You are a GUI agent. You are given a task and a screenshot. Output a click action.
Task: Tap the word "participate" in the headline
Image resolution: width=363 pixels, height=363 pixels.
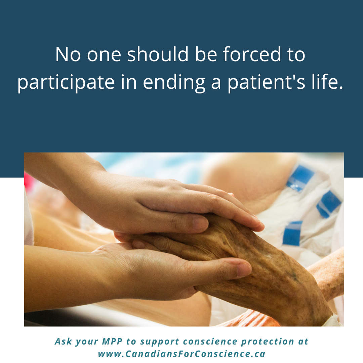coord(66,82)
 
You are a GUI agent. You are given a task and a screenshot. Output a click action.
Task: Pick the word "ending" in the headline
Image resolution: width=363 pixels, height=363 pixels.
coord(174,82)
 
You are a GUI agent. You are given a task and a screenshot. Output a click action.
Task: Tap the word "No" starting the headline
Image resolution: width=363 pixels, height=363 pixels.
coord(68,55)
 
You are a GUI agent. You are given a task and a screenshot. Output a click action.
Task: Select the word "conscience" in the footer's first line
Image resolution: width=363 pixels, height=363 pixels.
coord(210,341)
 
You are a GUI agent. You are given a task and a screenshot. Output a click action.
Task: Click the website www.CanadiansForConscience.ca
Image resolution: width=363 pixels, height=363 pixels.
coord(182,354)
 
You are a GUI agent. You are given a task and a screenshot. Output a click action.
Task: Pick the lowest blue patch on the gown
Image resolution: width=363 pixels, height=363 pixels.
coord(292,233)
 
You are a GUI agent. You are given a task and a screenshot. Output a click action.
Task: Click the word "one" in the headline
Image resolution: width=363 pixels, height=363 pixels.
coord(104,56)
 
